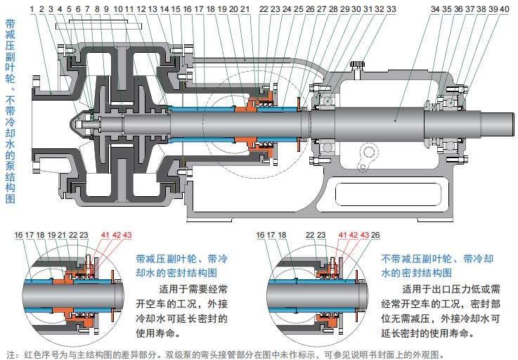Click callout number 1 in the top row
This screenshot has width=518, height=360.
click(x=32, y=9)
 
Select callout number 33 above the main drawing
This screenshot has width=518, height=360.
click(x=391, y=9)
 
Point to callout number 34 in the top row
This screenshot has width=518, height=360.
click(x=436, y=9)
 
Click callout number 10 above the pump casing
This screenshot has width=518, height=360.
click(x=118, y=9)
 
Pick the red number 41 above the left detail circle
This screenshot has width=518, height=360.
click(x=105, y=235)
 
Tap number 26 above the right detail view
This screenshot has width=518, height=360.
click(x=375, y=235)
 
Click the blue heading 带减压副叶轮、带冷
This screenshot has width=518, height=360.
click(x=181, y=258)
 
